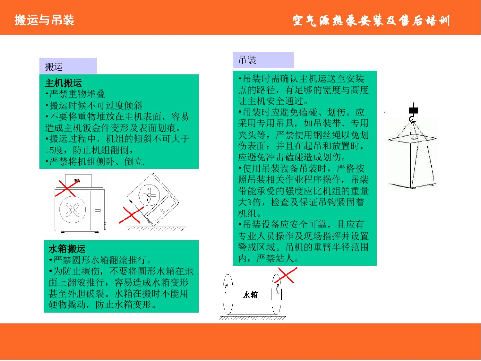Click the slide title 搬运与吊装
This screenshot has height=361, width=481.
[44, 20]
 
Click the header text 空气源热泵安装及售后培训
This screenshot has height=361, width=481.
[371, 21]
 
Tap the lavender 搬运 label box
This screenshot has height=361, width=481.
[68, 66]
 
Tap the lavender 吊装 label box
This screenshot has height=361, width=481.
[263, 60]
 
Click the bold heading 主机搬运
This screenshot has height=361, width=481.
[63, 83]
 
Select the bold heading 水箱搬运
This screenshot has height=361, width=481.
[67, 249]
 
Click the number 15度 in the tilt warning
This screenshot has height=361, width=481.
[54, 150]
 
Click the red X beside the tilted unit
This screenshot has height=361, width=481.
[132, 215]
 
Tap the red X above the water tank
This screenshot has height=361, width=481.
[286, 275]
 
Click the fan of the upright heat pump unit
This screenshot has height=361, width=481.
[73, 210]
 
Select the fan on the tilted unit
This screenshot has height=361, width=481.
[149, 195]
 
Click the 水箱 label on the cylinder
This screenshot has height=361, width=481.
[250, 295]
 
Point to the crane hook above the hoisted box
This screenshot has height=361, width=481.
[413, 119]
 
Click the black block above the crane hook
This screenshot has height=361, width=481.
[413, 110]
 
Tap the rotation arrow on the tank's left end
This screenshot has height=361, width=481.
[226, 289]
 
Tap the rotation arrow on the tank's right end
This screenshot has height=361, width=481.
[278, 289]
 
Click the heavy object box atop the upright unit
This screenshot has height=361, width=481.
[78, 181]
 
